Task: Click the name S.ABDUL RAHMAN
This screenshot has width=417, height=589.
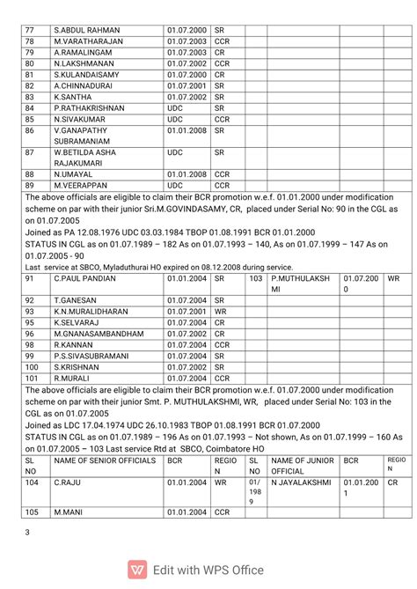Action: point(87,29)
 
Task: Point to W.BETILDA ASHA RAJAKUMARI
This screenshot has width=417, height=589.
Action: point(84,158)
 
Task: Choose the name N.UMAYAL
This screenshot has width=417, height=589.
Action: point(73,174)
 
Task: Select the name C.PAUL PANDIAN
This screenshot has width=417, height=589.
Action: point(84,278)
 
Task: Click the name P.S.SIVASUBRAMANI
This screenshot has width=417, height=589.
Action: point(94,357)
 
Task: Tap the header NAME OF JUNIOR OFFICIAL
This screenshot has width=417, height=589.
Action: point(301,466)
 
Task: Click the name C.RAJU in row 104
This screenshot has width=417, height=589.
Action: point(67,482)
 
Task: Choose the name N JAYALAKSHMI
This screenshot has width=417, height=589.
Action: point(301,482)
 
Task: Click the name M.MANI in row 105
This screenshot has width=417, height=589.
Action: point(69,512)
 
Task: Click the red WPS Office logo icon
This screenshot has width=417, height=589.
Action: point(136,570)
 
